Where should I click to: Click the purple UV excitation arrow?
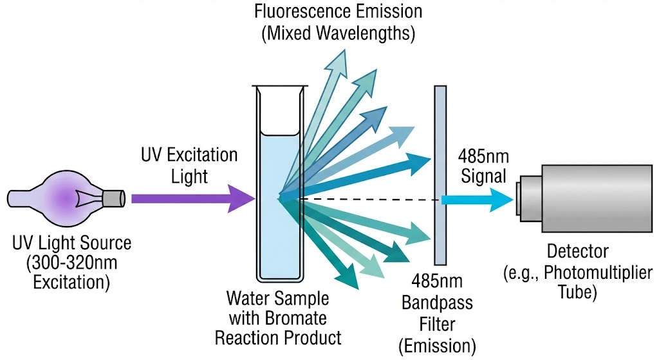point(193,198)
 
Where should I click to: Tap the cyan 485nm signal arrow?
point(477,200)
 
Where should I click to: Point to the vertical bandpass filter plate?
point(440,175)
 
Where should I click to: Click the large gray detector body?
point(597,198)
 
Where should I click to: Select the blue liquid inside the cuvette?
point(279,206)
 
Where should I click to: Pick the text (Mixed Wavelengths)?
point(339,33)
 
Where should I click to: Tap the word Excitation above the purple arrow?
point(202,155)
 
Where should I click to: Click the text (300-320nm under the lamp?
point(71,263)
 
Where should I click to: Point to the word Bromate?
point(299,318)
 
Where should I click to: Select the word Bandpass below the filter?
point(437,303)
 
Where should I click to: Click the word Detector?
point(577,252)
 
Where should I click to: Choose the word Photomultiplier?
point(598,273)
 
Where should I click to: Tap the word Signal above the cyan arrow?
point(483,176)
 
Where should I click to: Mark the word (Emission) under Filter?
point(437,346)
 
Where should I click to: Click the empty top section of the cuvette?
point(279,110)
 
